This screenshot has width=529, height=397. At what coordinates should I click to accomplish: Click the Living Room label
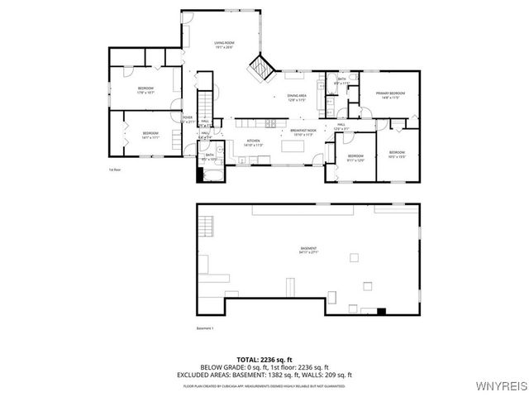tap(224, 45)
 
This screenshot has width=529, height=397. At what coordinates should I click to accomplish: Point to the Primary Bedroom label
tap(390, 95)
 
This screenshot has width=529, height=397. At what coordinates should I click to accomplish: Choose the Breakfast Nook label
tap(303, 132)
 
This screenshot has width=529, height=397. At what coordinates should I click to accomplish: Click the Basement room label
tap(308, 251)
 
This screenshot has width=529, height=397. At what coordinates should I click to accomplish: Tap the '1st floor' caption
tap(114, 170)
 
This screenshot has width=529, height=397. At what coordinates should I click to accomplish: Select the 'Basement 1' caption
tap(205, 328)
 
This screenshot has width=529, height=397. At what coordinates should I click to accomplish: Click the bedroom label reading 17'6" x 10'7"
tap(145, 89)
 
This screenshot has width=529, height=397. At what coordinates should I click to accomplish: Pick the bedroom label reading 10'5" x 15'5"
tap(397, 154)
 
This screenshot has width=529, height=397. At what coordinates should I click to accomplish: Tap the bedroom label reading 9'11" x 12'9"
tap(355, 158)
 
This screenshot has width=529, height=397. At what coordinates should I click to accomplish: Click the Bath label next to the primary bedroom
tap(341, 81)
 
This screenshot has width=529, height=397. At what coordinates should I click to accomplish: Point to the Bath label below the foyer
tap(210, 157)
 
